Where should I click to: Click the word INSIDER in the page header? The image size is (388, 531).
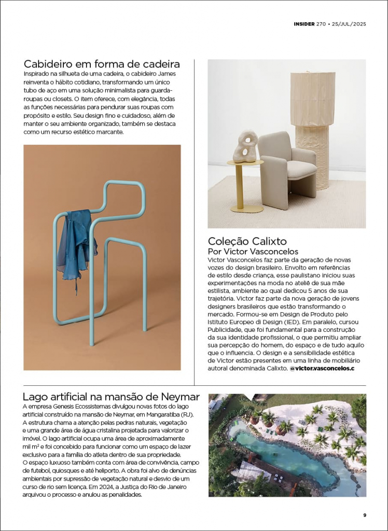click(304, 24)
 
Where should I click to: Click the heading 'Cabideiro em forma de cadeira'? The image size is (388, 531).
click(102, 64)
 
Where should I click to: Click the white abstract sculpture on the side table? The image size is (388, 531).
click(245, 147)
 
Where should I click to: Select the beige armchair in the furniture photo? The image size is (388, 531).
click(287, 165)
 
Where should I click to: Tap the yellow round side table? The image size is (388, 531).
click(245, 187)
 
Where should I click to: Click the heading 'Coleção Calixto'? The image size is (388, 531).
click(247, 241)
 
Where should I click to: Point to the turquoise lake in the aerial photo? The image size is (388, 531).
click(280, 456)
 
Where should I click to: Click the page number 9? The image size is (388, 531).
click(365, 515)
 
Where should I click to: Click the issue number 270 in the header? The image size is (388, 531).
click(320, 24)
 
